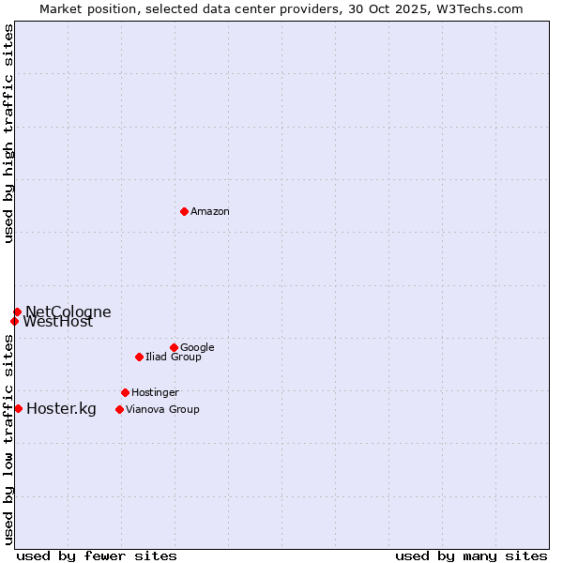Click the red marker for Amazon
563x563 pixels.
click(184, 211)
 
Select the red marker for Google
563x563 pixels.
click(174, 347)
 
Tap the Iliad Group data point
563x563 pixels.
click(139, 357)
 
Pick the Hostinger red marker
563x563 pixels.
click(125, 392)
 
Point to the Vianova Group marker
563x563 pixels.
click(119, 409)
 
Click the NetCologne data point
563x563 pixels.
click(17, 312)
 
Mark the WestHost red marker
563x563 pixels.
click(14, 321)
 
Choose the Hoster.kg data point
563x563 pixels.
click(18, 408)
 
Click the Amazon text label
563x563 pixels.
click(210, 212)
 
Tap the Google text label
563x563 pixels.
click(197, 348)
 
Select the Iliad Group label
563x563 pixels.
click(174, 358)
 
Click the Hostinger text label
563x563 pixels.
click(155, 393)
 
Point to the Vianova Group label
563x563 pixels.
click(162, 410)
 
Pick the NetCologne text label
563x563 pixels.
click(68, 312)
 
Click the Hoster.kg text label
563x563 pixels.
click(61, 408)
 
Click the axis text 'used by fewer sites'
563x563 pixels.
click(97, 555)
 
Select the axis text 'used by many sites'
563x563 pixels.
click(471, 555)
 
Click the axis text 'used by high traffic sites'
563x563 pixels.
click(9, 133)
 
